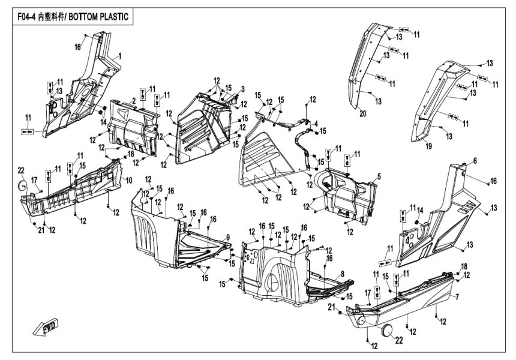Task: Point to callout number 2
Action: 133,100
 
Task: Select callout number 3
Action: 242,89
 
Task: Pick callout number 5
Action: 379,177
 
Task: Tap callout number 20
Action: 362,113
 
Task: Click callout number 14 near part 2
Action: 103,122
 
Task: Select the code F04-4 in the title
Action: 25,17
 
